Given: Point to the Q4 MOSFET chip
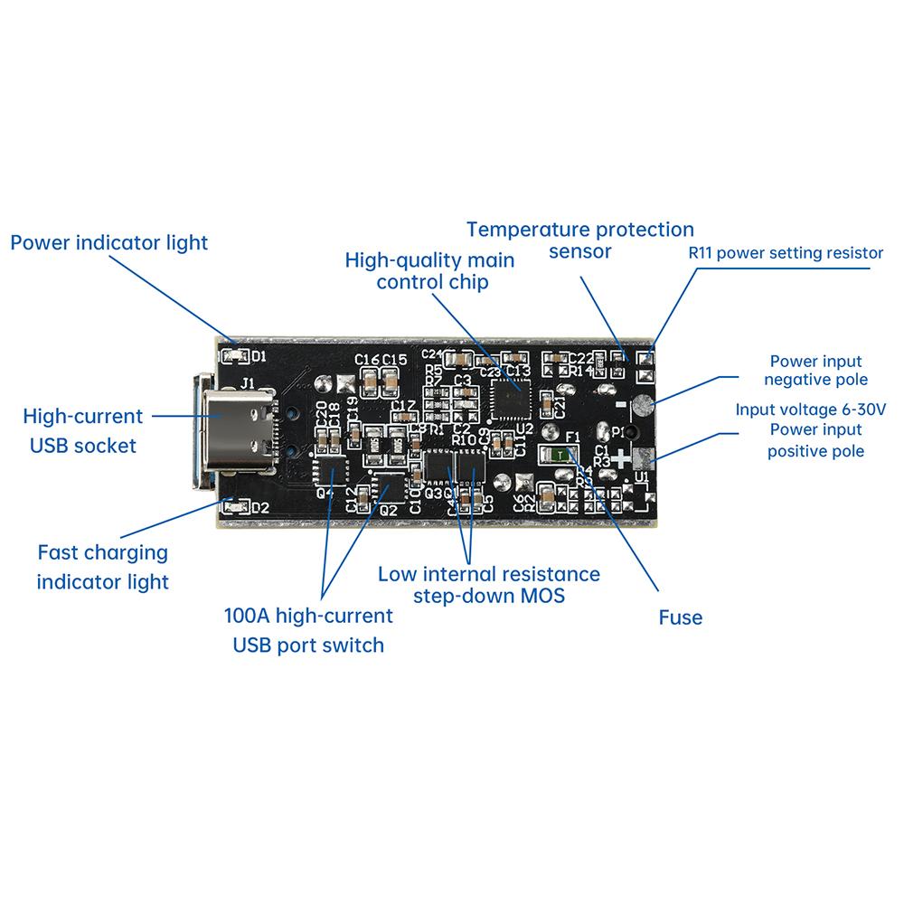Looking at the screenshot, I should (x=330, y=472).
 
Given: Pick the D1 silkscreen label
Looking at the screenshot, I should (x=259, y=355).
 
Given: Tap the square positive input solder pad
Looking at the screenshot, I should (x=644, y=458).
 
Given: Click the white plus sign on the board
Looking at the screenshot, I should (x=623, y=459).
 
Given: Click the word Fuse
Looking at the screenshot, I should (x=680, y=617).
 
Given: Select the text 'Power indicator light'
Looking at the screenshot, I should (x=108, y=242).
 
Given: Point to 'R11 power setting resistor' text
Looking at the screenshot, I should (x=785, y=253).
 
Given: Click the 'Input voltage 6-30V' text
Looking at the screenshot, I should (x=811, y=410).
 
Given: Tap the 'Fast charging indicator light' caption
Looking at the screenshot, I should (x=102, y=567).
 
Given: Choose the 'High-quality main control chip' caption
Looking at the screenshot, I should (x=430, y=271).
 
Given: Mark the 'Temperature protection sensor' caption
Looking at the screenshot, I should (x=580, y=240).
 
